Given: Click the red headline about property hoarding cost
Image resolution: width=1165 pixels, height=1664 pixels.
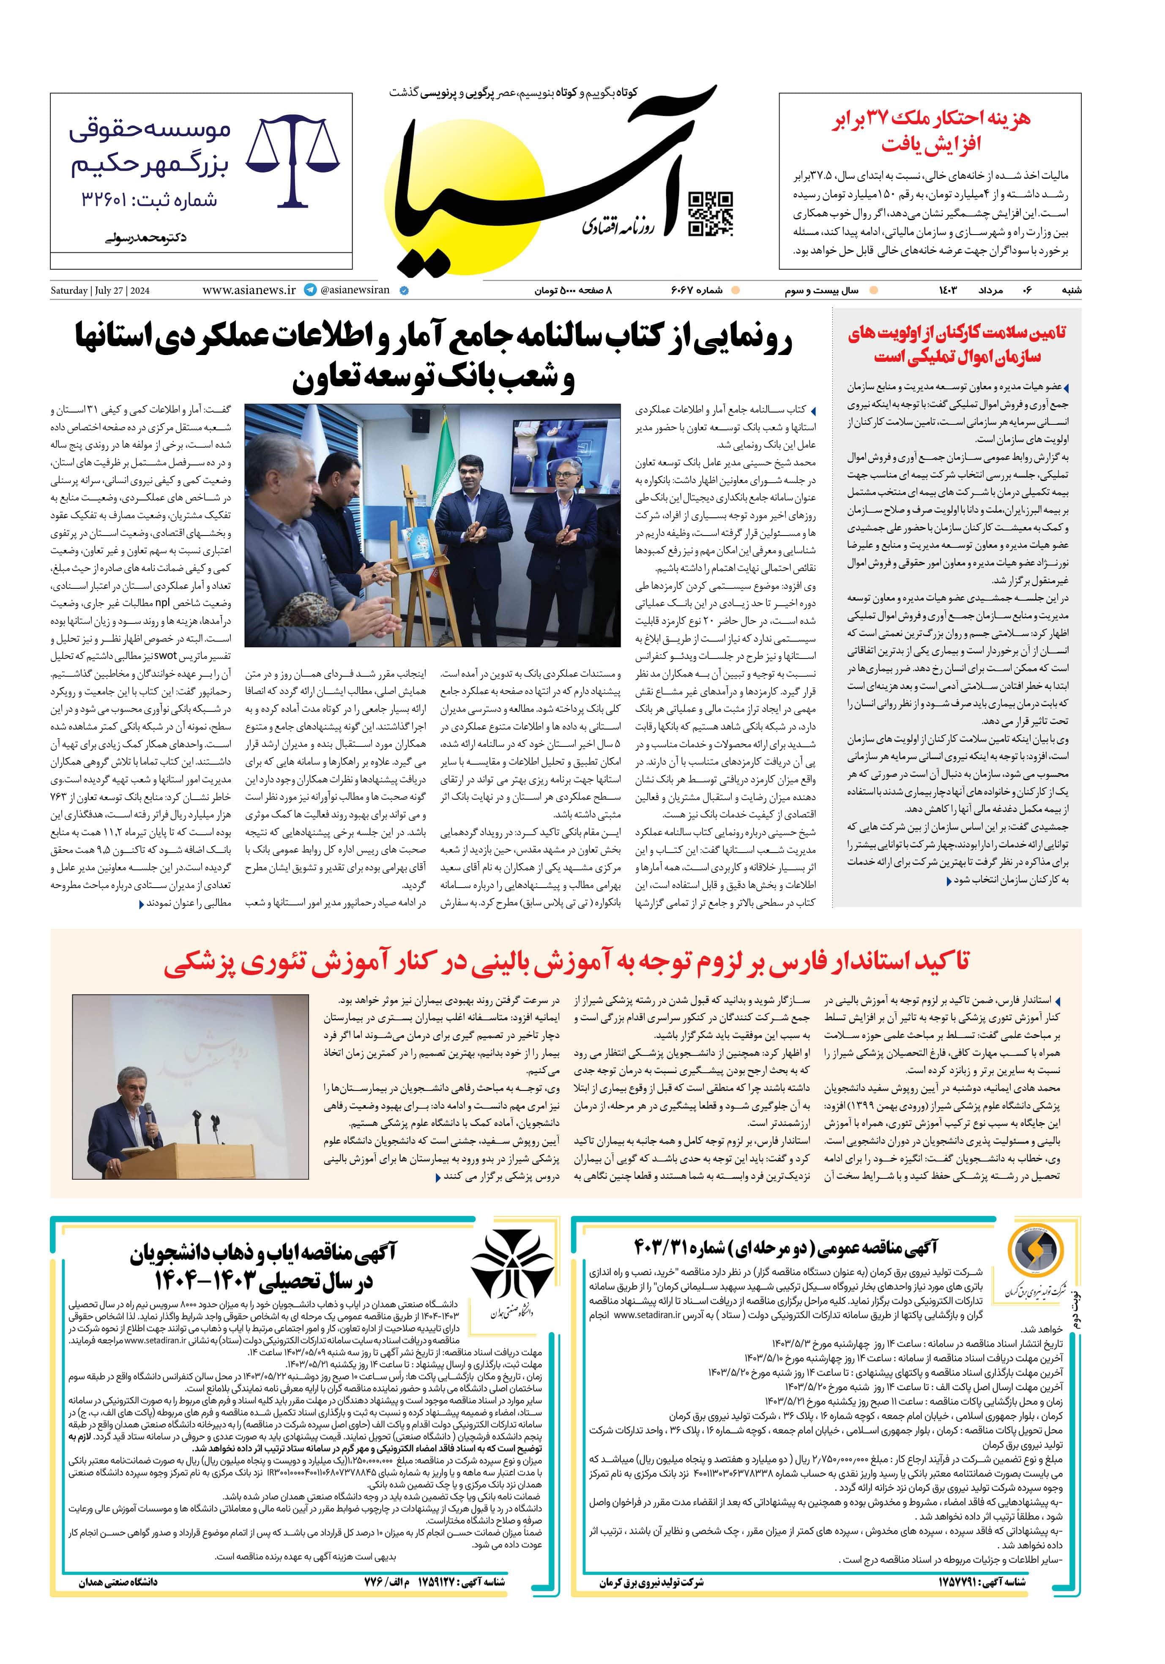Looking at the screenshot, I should tap(930, 131).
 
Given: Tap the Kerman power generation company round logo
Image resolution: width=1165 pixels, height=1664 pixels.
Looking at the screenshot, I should tap(1036, 1256).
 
